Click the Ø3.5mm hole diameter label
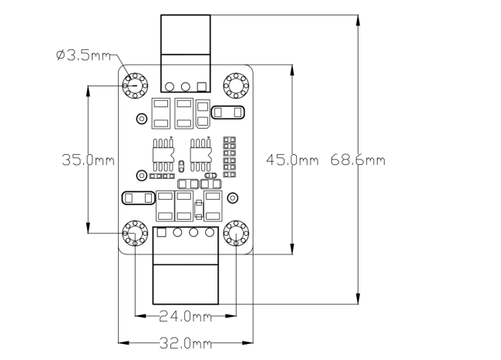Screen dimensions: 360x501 point(83,56)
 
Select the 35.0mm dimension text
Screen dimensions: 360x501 point(88,160)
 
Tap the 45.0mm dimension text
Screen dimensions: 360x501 point(291,160)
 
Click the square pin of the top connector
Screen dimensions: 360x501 point(203,86)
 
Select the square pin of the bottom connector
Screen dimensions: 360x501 point(163,233)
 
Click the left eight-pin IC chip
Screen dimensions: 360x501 point(163,153)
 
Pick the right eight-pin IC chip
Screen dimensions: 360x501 point(200,153)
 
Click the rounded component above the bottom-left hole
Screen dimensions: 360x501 point(136,198)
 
